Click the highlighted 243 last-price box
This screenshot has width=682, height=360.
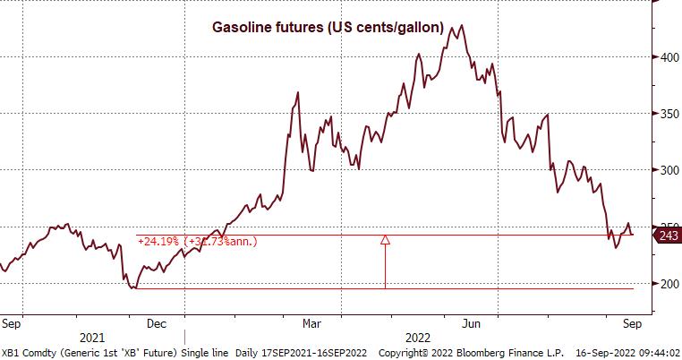[x=669, y=235]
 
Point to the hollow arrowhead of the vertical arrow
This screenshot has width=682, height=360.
[x=386, y=239]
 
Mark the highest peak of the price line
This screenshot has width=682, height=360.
[x=460, y=25]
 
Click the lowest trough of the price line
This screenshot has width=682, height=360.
[x=133, y=287]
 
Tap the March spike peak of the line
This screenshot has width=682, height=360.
[x=296, y=91]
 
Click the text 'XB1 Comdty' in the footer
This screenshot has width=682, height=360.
[x=26, y=353]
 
